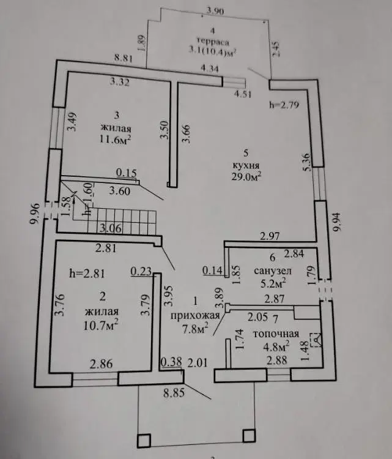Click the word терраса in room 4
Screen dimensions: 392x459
[x=213, y=42]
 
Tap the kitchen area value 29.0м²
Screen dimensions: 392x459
[x=246, y=176]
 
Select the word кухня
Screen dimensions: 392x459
[x=246, y=165]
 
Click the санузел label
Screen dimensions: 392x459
[x=273, y=271]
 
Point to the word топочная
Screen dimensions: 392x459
[x=276, y=334]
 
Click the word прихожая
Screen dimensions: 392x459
[x=195, y=315]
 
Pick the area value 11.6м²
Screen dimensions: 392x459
[x=115, y=140]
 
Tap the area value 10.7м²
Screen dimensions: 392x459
[x=101, y=325]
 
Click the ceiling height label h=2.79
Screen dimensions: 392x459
[x=284, y=105]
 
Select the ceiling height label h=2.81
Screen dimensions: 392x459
[x=87, y=274]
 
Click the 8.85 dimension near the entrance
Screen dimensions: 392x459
[x=174, y=392]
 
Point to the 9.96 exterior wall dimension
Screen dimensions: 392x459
[x=35, y=214]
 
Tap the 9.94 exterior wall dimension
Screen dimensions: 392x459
[x=337, y=222]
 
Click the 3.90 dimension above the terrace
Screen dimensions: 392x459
[x=215, y=11]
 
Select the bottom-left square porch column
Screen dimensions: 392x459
[x=144, y=441]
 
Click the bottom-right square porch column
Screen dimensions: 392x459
[x=249, y=436]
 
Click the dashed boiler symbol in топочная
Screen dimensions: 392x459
[x=315, y=340]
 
